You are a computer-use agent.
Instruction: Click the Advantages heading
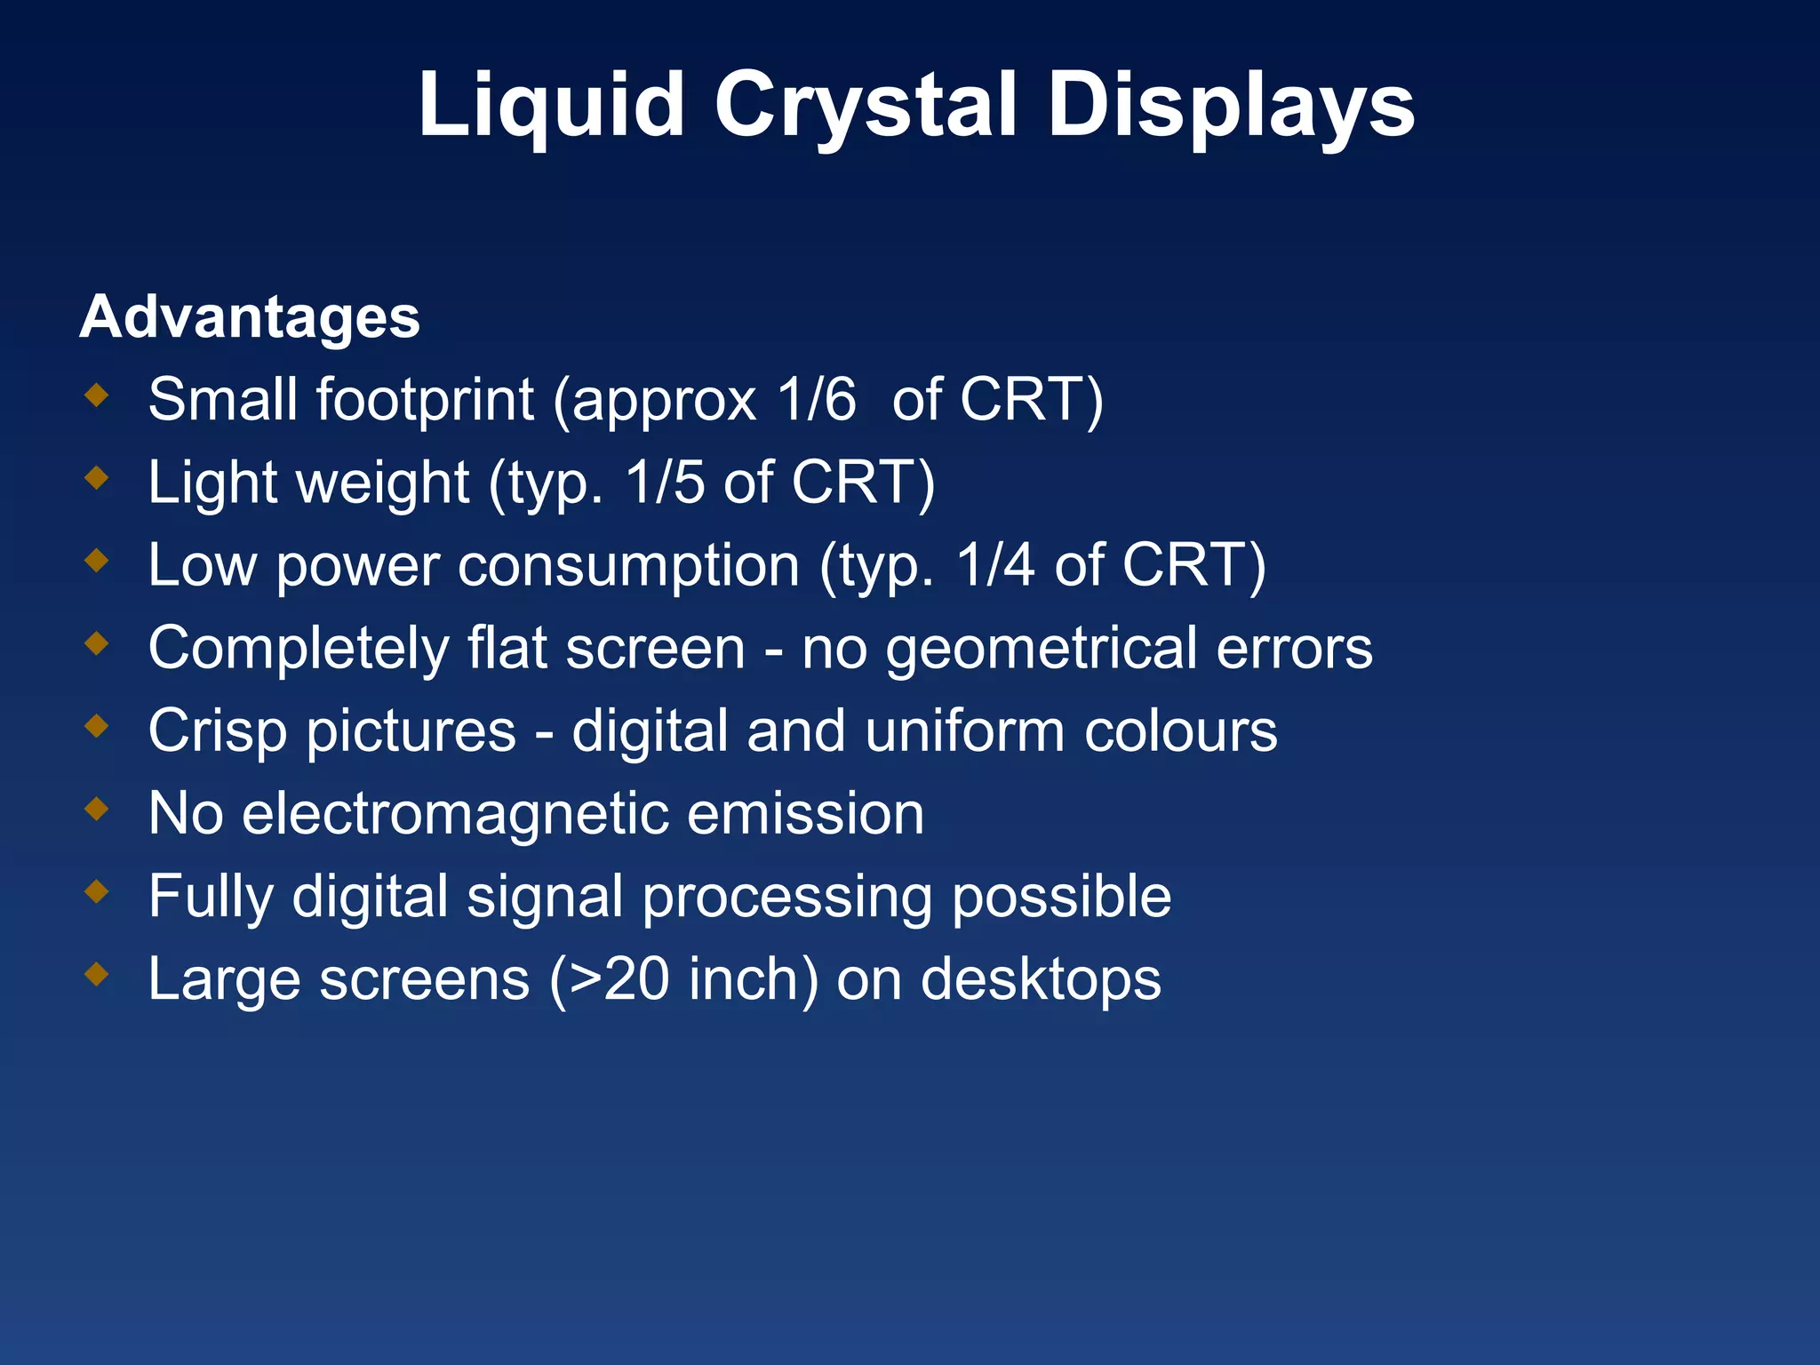pos(250,317)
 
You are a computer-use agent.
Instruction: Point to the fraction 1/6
pos(816,399)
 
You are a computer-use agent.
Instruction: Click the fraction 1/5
pos(665,483)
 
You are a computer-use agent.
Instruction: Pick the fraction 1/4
pos(995,565)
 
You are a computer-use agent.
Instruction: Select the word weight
pos(383,483)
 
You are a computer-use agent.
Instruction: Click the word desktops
pos(1041,979)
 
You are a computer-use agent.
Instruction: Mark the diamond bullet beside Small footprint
pos(97,395)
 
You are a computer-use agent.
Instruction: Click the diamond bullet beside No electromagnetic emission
pos(97,809)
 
